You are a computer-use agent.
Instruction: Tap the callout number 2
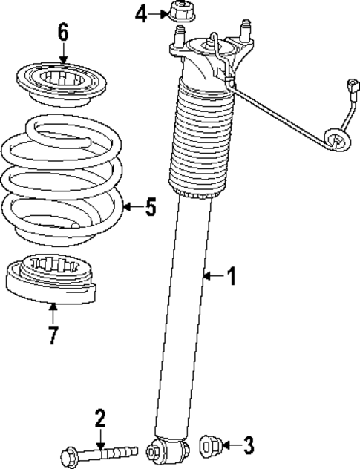pyautogui.click(x=100, y=419)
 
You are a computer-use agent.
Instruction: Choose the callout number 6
pyautogui.click(x=63, y=33)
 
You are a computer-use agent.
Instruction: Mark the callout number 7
pyautogui.click(x=52, y=335)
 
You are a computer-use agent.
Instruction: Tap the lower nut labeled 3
pyautogui.click(x=210, y=445)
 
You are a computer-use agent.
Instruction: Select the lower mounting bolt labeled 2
pyautogui.click(x=101, y=450)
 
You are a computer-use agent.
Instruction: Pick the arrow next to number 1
pyautogui.click(x=212, y=277)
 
